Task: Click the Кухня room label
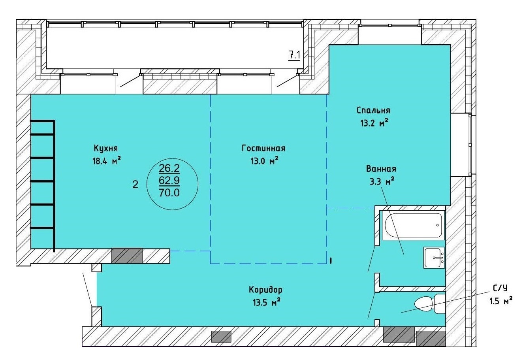(106, 148)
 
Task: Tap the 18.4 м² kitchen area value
(107, 161)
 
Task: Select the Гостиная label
(263, 148)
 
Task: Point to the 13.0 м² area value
(265, 161)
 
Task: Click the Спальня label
(373, 110)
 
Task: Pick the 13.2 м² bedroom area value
(374, 123)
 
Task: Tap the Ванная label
(381, 169)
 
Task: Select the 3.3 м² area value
(382, 181)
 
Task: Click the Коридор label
(265, 290)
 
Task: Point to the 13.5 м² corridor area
(266, 303)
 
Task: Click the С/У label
(500, 288)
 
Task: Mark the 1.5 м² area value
(501, 301)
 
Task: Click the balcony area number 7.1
(294, 56)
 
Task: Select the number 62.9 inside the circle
(169, 180)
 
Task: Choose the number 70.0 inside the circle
(169, 193)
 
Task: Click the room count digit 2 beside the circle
(135, 185)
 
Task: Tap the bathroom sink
(434, 258)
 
